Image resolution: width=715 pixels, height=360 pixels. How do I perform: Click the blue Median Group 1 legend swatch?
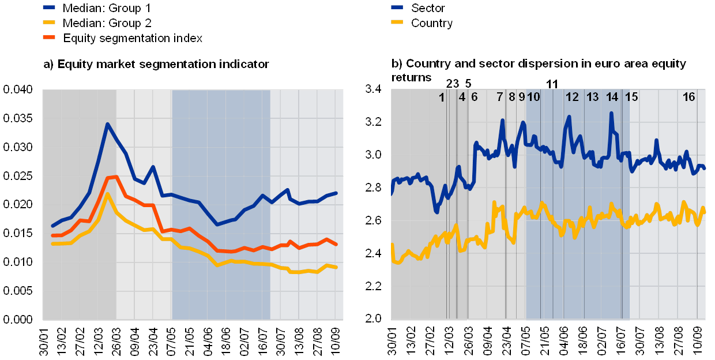[x=49, y=7]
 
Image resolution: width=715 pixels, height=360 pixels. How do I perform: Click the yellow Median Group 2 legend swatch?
[x=49, y=22]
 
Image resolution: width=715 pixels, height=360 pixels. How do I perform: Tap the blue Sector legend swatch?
[x=397, y=7]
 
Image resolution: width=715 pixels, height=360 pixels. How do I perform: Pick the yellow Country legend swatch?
[x=397, y=22]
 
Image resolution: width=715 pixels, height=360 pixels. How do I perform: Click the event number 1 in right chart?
[x=442, y=97]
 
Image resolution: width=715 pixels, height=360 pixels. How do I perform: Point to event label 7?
[x=500, y=97]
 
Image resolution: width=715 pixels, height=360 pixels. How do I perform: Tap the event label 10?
[x=534, y=97]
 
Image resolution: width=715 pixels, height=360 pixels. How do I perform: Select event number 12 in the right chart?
[x=572, y=97]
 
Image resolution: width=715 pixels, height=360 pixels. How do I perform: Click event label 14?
[x=612, y=97]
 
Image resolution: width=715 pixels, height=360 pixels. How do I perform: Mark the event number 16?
[x=689, y=97]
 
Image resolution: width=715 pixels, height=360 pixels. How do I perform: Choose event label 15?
[x=632, y=97]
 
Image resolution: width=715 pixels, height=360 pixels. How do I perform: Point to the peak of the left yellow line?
[x=107, y=194]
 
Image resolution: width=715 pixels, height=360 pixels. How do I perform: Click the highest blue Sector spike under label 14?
[x=611, y=113]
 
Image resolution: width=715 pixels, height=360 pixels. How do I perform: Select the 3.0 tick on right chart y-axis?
[x=373, y=155]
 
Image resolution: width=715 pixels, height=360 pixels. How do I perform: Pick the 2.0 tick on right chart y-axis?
[x=373, y=318]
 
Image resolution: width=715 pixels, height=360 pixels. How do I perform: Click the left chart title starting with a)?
[x=156, y=65]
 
